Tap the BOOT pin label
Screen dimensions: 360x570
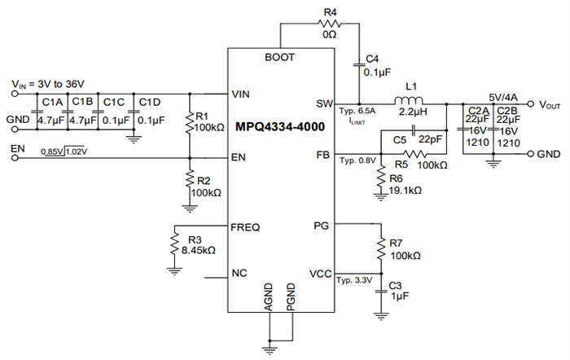[x=279, y=58]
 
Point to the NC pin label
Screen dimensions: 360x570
[x=239, y=273]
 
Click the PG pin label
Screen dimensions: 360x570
[x=320, y=225]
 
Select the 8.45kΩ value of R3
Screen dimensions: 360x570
[x=197, y=251]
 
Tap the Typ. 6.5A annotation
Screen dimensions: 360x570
[x=357, y=110]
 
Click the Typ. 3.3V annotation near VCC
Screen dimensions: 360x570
[x=353, y=281]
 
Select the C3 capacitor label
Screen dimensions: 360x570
[x=395, y=287]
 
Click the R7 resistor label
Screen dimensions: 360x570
[x=396, y=244]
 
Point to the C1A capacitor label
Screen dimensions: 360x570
[x=52, y=102]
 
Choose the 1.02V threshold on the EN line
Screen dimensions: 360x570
[x=76, y=151]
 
